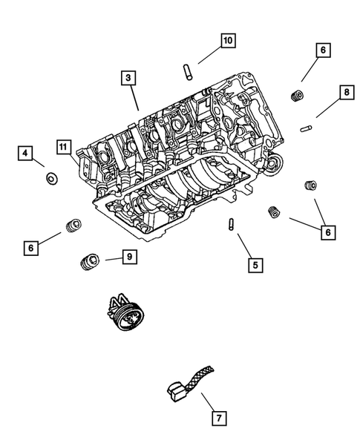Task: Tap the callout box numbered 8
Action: [345, 92]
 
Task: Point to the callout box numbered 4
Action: [26, 154]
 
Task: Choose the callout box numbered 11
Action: [65, 145]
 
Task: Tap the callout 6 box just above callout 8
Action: [322, 50]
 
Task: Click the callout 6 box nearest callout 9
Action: [32, 247]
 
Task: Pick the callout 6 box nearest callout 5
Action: [325, 232]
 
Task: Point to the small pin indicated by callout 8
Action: [304, 127]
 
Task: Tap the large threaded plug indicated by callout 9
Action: [89, 260]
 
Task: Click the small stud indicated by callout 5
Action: [233, 224]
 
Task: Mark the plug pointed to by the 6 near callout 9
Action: [73, 226]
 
